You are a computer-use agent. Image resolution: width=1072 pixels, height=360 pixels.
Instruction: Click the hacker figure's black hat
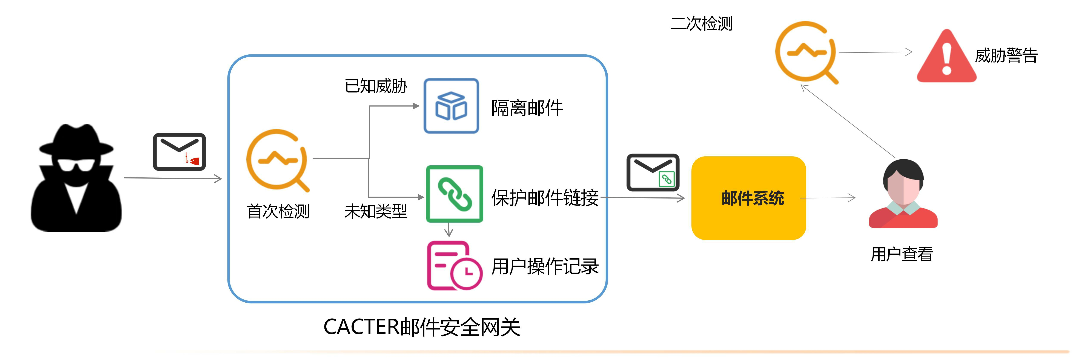coord(76,139)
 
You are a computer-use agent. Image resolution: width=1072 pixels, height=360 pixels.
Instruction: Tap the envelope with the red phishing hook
coord(179,152)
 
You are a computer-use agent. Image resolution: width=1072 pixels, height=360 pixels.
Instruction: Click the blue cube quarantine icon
coord(451,106)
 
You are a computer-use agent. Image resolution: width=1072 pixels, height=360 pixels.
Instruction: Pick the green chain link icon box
coord(455,194)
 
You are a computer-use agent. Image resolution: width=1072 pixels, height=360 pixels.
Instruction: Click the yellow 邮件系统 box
coord(748,198)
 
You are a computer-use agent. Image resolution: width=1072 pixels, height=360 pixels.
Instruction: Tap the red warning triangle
coord(946,57)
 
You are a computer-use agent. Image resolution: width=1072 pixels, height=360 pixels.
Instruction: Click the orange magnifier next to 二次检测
coord(806,52)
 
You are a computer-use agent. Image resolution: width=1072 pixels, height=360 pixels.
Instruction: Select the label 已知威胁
coord(376,86)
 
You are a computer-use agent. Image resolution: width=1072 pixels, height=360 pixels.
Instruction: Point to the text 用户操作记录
coord(545,266)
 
